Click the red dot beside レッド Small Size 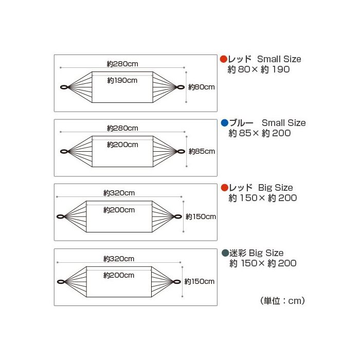pos(224,59)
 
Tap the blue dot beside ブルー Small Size pos(224,123)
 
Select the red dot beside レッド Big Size pos(224,188)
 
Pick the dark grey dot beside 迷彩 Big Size pos(225,253)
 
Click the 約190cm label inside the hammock pos(122,81)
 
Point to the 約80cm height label pos(201,87)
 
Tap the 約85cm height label pos(201,151)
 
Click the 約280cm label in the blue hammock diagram pos(122,128)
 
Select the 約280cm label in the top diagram pos(122,64)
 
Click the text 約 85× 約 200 pos(260,134)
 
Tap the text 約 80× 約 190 pos(259,69)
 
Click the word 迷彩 pos(239,253)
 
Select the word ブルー pos(241,123)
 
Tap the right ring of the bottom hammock pos(177,281)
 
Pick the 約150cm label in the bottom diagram pos(200,281)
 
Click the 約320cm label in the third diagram pos(119,193)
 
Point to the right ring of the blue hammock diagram pos(181,151)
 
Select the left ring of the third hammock pos(60,217)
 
